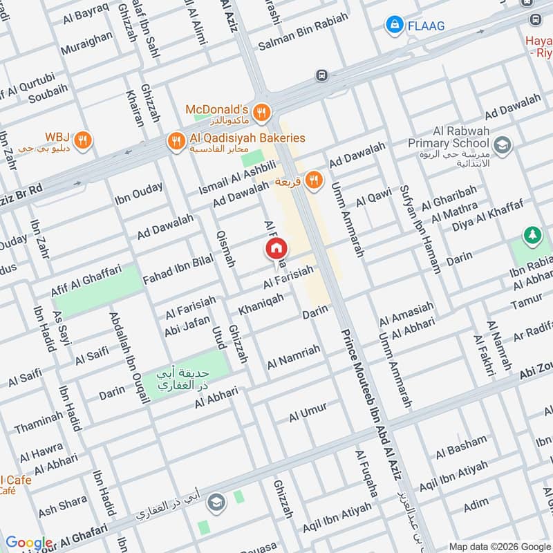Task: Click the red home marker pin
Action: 276,250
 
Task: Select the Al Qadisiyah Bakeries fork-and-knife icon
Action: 176,140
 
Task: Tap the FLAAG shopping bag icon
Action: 394,26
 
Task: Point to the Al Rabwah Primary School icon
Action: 504,144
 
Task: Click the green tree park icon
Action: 532,236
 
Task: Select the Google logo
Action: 28,543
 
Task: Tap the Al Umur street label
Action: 308,412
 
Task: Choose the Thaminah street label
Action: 39,421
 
